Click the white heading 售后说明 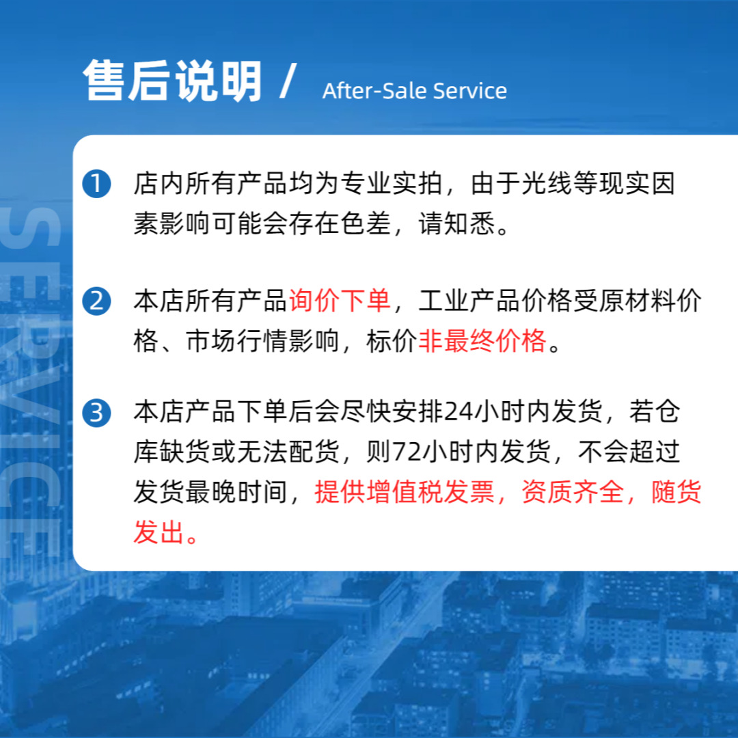[173, 82]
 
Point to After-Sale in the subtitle [374, 91]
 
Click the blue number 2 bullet [96, 301]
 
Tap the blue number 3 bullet [96, 413]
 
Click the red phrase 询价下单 [340, 301]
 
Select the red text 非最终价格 [482, 340]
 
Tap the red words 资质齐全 [573, 492]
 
